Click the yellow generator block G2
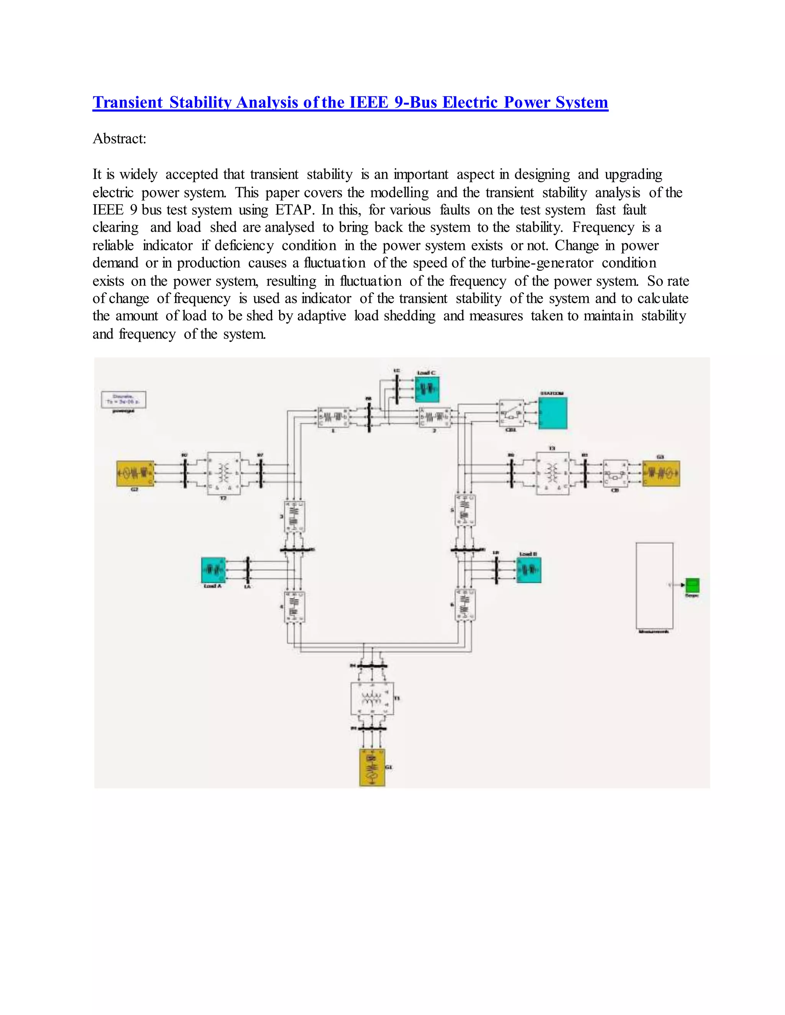point(135,473)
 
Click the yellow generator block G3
point(661,473)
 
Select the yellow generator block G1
point(372,767)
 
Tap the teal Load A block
point(213,570)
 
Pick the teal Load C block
point(427,390)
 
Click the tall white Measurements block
point(654,585)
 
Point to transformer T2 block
point(224,473)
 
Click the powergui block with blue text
point(124,399)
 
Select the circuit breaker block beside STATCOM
point(511,413)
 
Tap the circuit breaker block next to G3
point(615,473)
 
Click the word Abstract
point(120,139)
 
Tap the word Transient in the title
point(128,102)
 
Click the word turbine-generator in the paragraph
point(542,263)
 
